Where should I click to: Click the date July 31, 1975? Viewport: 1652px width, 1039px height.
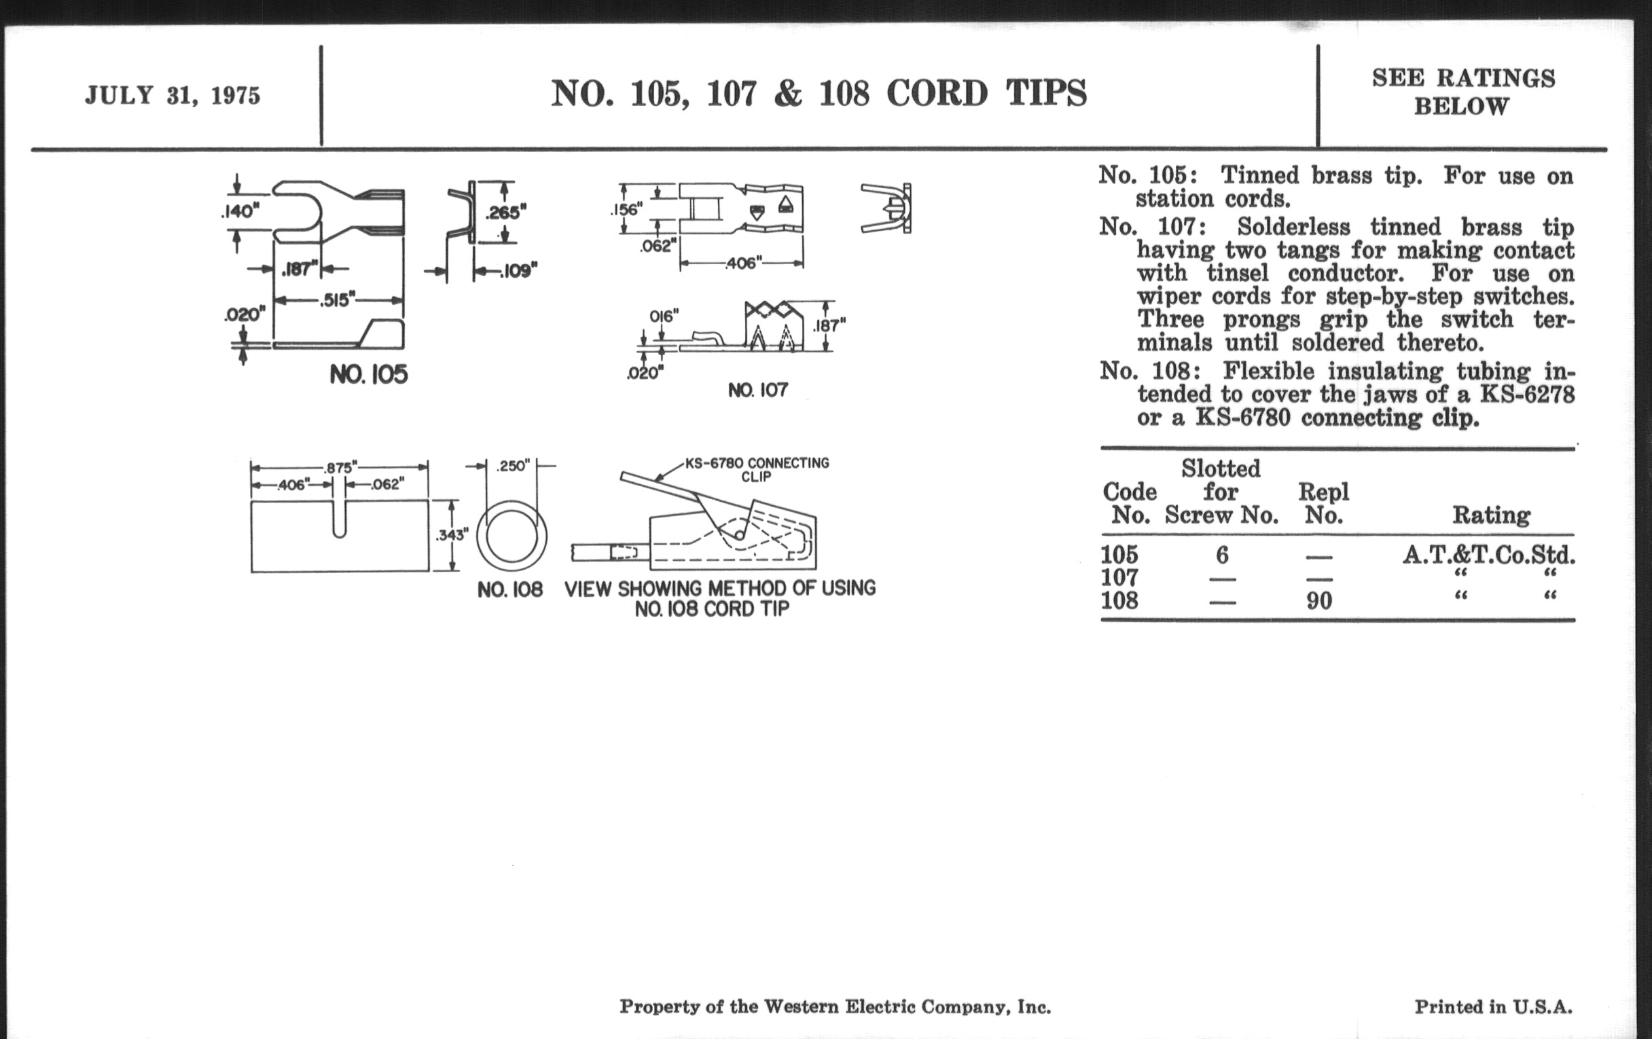[173, 95]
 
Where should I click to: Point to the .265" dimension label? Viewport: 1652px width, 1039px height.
[505, 213]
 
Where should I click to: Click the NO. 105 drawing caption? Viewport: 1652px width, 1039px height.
[368, 374]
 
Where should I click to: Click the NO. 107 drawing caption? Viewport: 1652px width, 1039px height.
[757, 390]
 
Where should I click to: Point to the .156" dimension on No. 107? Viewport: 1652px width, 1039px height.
[626, 210]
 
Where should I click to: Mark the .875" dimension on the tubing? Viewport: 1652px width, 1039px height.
[341, 468]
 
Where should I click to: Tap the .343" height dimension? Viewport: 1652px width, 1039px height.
[452, 535]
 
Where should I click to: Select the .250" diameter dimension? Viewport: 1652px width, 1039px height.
[512, 467]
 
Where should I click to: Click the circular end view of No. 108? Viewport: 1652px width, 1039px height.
[511, 536]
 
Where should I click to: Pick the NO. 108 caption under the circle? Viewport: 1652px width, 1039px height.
[509, 590]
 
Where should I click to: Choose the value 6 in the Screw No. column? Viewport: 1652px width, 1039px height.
[1221, 555]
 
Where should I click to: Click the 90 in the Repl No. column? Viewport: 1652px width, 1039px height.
[1318, 601]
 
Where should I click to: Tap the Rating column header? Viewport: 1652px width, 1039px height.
[1491, 515]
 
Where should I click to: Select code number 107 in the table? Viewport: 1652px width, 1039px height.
[1119, 577]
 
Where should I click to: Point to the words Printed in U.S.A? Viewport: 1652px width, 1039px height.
[1493, 1007]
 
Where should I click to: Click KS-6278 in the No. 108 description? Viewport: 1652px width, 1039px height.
[1526, 395]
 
